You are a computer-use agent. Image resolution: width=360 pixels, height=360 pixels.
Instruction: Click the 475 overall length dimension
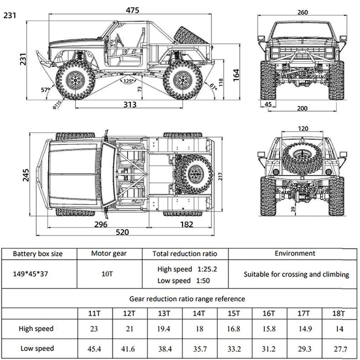(133, 10)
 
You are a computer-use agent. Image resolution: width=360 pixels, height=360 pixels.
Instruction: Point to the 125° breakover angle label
(128, 81)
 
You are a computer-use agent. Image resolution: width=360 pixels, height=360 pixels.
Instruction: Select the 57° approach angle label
(45, 90)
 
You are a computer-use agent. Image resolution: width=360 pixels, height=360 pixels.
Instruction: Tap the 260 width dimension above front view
(302, 12)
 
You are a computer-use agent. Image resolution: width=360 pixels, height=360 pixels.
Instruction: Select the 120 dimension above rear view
(303, 129)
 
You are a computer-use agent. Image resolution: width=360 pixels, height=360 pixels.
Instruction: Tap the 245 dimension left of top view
(26, 175)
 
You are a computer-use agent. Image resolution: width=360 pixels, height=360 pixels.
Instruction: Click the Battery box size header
(37, 254)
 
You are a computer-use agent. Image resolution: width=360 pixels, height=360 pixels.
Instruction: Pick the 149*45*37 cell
(30, 274)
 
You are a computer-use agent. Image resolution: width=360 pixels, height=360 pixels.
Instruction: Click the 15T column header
(234, 314)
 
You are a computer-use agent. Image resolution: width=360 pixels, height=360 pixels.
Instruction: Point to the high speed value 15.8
(269, 329)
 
